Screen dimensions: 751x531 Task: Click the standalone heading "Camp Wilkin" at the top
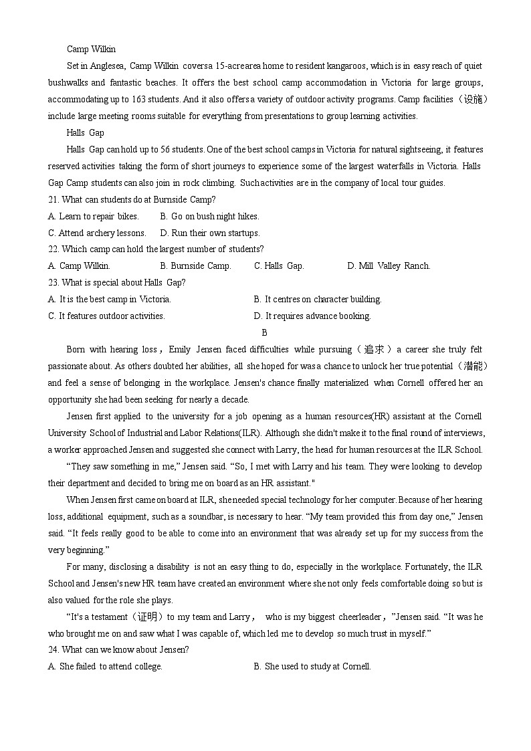point(91,49)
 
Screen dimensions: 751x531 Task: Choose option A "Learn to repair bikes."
point(94,216)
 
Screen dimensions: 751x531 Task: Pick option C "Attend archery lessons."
point(97,233)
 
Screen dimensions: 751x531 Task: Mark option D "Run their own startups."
point(210,233)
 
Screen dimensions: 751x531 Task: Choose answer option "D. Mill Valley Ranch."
point(389,265)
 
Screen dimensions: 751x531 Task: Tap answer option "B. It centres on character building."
point(318,299)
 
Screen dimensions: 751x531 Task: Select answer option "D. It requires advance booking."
point(312,316)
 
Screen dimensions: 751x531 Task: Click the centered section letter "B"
point(265,332)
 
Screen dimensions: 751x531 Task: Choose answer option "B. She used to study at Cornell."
point(312,666)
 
